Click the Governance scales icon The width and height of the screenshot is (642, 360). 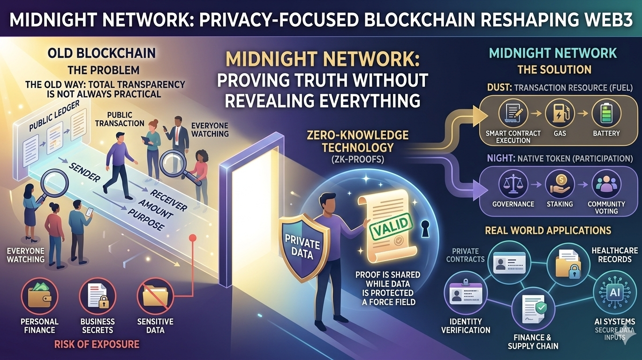click(x=513, y=184)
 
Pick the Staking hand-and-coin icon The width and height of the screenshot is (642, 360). click(x=559, y=184)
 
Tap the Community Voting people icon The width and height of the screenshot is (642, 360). click(x=606, y=184)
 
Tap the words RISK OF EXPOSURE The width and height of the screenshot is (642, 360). click(x=97, y=345)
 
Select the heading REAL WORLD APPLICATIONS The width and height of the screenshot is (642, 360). click(x=548, y=230)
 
